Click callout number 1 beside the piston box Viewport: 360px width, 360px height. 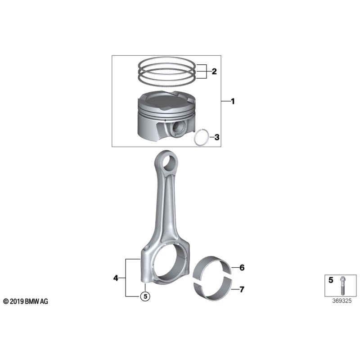(x=233, y=102)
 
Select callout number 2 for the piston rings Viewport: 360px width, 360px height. (x=214, y=71)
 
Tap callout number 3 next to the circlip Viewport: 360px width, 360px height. (x=217, y=137)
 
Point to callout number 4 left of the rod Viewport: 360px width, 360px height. (x=116, y=279)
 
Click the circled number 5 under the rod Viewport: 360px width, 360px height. (x=144, y=296)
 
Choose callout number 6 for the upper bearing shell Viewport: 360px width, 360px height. (x=242, y=268)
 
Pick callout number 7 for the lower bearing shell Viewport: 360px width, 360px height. (x=242, y=289)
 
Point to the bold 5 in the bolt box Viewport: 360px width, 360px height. (x=331, y=280)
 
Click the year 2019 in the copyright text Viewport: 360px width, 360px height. (x=16, y=301)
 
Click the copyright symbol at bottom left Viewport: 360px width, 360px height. (x=5, y=301)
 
